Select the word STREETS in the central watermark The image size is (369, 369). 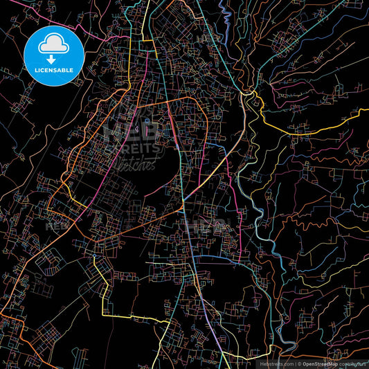pos(136,147)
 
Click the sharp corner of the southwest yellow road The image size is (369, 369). pos(104,314)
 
